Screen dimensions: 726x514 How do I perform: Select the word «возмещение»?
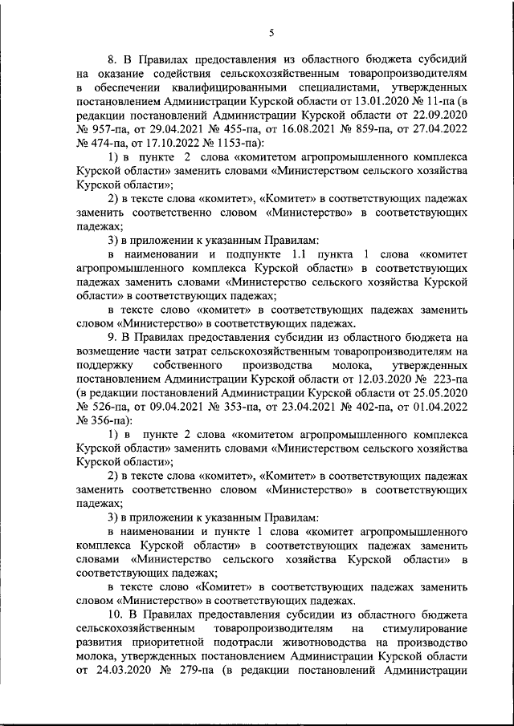pos(110,352)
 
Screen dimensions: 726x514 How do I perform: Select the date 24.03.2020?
pos(132,672)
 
